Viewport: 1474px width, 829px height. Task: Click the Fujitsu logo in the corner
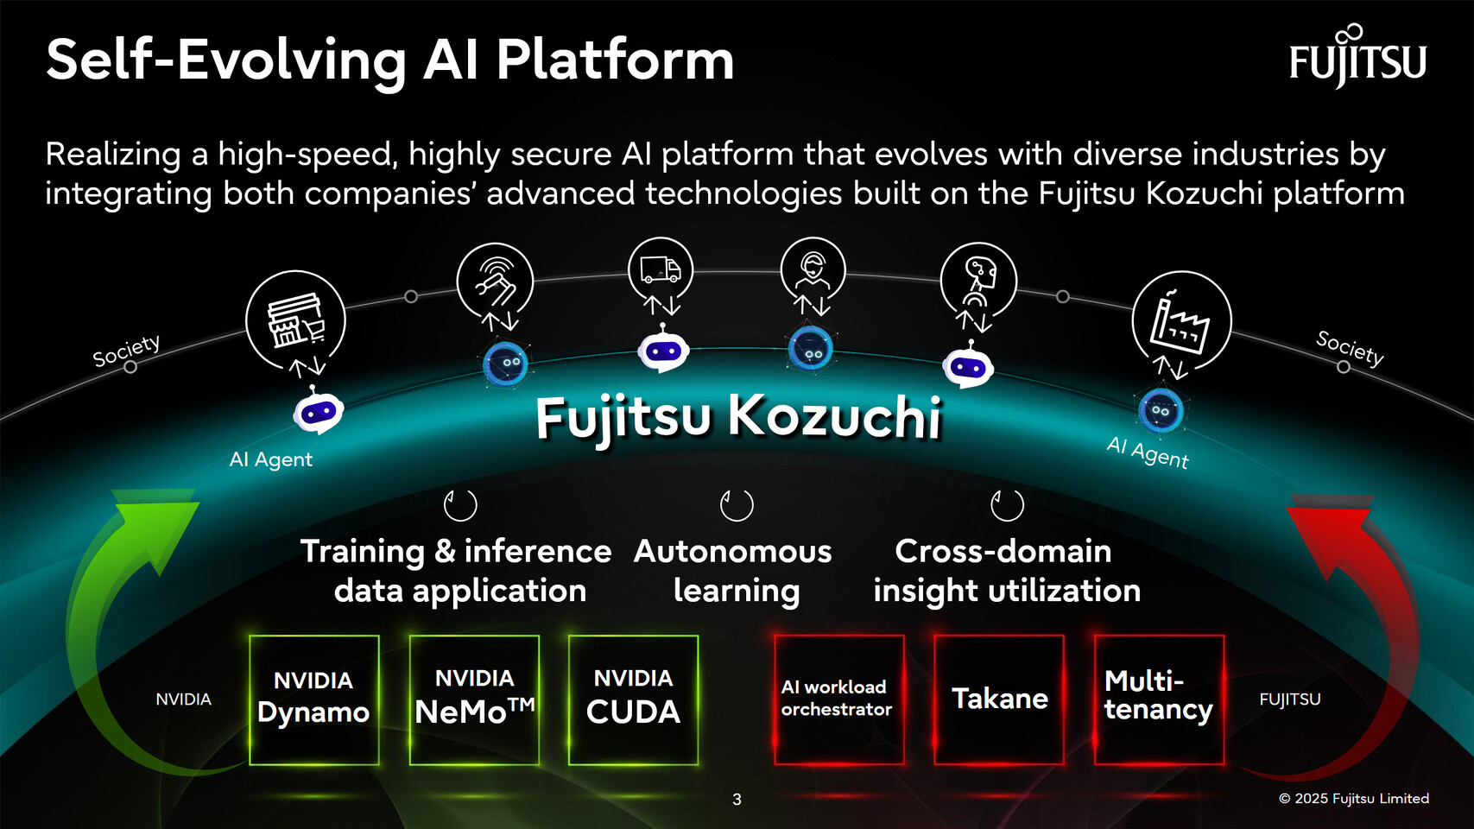(x=1357, y=59)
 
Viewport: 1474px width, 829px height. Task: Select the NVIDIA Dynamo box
(x=313, y=699)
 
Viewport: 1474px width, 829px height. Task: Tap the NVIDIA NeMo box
(x=474, y=699)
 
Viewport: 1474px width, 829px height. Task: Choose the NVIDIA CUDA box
(x=633, y=699)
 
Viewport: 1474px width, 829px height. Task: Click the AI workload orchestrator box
(x=838, y=699)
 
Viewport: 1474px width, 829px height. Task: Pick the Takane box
(x=999, y=699)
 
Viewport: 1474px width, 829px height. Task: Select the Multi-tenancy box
(x=1159, y=699)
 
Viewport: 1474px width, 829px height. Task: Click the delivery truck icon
(x=661, y=270)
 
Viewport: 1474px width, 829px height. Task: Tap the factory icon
(x=1180, y=321)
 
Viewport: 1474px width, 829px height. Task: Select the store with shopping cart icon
(x=295, y=320)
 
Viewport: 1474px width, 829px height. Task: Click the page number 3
(x=737, y=800)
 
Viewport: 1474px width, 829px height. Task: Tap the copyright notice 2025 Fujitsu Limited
(x=1353, y=799)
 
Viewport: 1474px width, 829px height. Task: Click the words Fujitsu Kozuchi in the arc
(x=737, y=417)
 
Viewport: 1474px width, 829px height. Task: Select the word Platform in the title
(x=615, y=60)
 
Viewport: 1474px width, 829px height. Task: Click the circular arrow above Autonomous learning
(x=737, y=505)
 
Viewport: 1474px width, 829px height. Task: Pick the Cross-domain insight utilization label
(x=1006, y=571)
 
